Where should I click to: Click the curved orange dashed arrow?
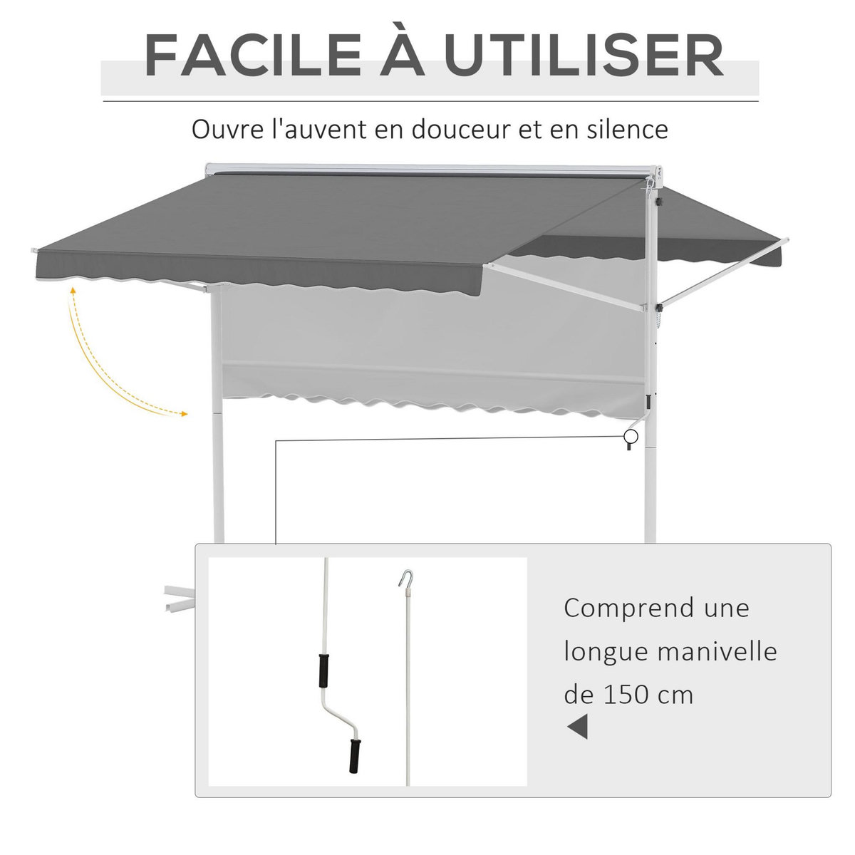click(x=100, y=363)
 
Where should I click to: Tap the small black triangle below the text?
click(x=578, y=727)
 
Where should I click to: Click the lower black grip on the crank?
click(x=353, y=755)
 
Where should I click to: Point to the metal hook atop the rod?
click(x=404, y=576)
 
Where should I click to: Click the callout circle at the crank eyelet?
click(x=630, y=437)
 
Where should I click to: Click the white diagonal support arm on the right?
click(x=720, y=274)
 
